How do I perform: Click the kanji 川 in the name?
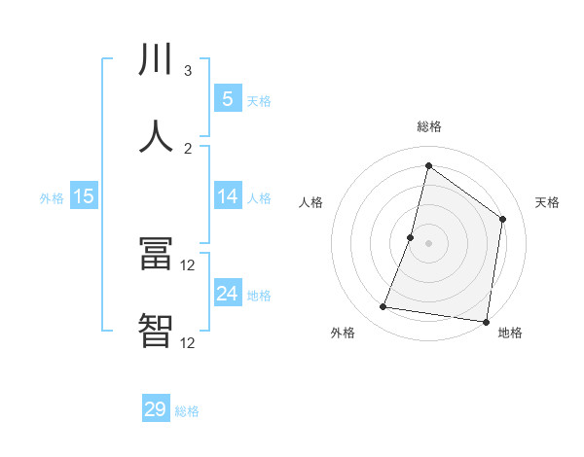(x=156, y=61)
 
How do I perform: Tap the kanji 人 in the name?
(x=156, y=136)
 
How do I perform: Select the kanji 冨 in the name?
(x=156, y=256)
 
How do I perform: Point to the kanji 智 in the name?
(x=156, y=331)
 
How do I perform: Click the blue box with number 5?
(x=227, y=98)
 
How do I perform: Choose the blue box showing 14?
(x=227, y=196)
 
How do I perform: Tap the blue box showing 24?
(x=227, y=294)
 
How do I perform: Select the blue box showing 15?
(x=84, y=196)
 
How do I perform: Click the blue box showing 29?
(x=156, y=409)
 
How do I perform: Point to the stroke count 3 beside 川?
(x=188, y=71)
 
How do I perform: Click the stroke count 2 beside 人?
(x=188, y=148)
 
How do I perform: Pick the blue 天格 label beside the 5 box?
(x=259, y=100)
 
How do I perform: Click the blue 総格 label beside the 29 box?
(x=187, y=411)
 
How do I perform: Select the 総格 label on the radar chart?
(x=428, y=126)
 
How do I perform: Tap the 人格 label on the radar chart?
(x=310, y=202)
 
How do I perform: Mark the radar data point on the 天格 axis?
(x=503, y=219)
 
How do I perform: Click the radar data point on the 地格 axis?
(x=486, y=321)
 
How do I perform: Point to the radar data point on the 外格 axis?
(x=383, y=307)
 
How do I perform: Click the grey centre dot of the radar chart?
(x=428, y=243)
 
